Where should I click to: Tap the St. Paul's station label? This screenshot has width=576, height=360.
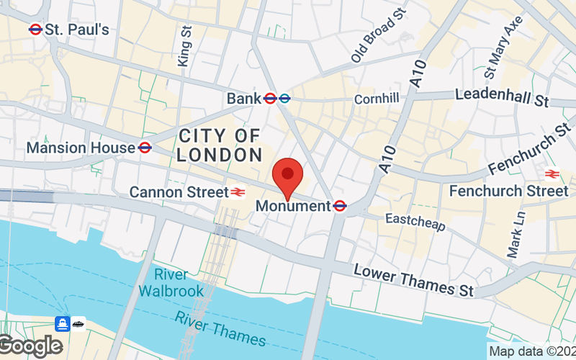(x=76, y=30)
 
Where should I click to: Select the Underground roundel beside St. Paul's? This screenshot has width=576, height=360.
(x=35, y=30)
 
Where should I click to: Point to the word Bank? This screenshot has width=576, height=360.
(x=243, y=98)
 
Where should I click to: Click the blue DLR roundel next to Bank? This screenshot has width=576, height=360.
(x=284, y=98)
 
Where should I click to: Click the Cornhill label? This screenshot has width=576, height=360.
(x=376, y=99)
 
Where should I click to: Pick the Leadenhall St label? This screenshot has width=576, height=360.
(x=502, y=96)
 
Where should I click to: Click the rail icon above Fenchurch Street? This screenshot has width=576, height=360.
(x=552, y=174)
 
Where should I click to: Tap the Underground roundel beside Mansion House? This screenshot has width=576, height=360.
(x=145, y=148)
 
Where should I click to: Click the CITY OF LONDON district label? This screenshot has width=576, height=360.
(x=220, y=145)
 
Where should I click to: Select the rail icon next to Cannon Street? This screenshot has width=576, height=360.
(x=237, y=192)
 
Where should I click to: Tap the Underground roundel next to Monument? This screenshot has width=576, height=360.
(x=341, y=206)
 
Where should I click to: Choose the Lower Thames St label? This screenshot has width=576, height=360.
(x=413, y=279)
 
